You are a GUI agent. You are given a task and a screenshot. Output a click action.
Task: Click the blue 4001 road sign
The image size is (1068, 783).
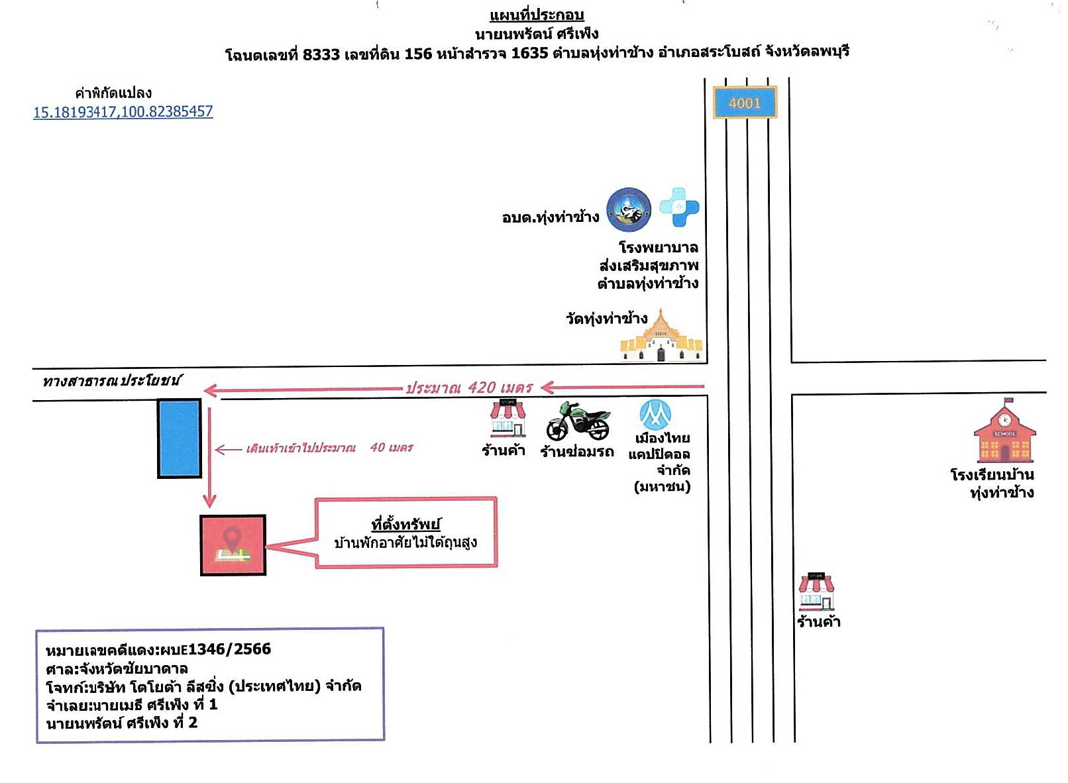[x=745, y=103]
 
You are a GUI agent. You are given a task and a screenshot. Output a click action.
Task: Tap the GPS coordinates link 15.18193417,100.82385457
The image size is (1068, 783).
[x=123, y=111]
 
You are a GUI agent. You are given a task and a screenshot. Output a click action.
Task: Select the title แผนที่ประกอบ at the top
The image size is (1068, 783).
[x=537, y=15]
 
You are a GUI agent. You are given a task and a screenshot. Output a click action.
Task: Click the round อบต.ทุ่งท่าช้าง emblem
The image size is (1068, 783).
[x=629, y=210]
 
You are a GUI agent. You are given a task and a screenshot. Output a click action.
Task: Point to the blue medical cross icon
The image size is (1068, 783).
[x=679, y=207]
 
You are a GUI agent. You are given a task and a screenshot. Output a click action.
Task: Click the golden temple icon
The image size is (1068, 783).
[x=661, y=335]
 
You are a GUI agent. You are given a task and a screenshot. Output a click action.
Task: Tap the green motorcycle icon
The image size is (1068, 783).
[x=578, y=421]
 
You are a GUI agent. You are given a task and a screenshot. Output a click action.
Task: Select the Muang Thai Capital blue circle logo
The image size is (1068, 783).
[x=655, y=414]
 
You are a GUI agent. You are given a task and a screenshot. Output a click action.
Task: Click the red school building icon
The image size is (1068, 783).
[x=1004, y=430]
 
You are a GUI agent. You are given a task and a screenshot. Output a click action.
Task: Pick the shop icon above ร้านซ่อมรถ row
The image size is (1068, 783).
[x=507, y=419]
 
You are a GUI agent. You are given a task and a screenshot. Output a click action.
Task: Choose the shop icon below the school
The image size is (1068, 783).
[x=816, y=592]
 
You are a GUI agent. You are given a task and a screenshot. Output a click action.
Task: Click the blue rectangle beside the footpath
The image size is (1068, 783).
[x=180, y=439]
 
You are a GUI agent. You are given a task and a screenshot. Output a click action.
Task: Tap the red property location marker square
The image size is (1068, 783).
[x=233, y=545]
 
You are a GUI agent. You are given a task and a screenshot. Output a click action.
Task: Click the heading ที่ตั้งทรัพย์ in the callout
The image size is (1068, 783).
[x=405, y=525]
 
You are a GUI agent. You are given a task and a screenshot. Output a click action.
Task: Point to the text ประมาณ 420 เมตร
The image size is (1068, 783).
[x=468, y=388]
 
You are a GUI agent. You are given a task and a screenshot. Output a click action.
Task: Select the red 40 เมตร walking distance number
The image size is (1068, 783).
[x=392, y=447]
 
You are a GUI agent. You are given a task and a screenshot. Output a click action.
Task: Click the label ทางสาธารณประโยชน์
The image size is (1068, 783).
[x=111, y=381]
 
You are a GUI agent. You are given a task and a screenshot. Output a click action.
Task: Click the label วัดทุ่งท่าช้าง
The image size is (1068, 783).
[x=606, y=318]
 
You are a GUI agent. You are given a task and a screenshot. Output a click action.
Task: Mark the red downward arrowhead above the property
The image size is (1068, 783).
[x=209, y=501]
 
